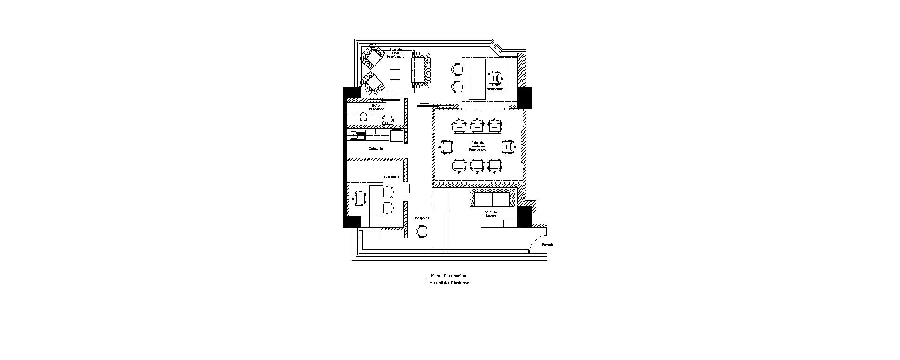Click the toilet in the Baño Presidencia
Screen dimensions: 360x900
click(363, 118)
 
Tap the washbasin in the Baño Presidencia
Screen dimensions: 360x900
click(387, 120)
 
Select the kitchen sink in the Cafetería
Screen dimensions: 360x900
click(357, 136)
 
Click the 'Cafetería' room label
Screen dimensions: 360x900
click(376, 149)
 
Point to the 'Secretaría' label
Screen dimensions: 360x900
click(391, 176)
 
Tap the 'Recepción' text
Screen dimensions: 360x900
click(421, 218)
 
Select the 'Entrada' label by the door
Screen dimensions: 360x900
click(548, 245)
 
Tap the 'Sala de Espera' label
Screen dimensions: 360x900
click(491, 214)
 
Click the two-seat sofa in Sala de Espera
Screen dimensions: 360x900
click(493, 198)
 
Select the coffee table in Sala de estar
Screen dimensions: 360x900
click(396, 69)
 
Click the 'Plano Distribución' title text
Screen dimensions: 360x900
click(448, 276)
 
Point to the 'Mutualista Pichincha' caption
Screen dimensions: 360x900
click(449, 283)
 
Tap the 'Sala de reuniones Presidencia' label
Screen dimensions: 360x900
click(478, 146)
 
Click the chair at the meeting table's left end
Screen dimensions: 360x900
click(446, 147)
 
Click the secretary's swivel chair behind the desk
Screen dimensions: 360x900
click(359, 198)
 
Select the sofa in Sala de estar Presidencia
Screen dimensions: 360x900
click(421, 70)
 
